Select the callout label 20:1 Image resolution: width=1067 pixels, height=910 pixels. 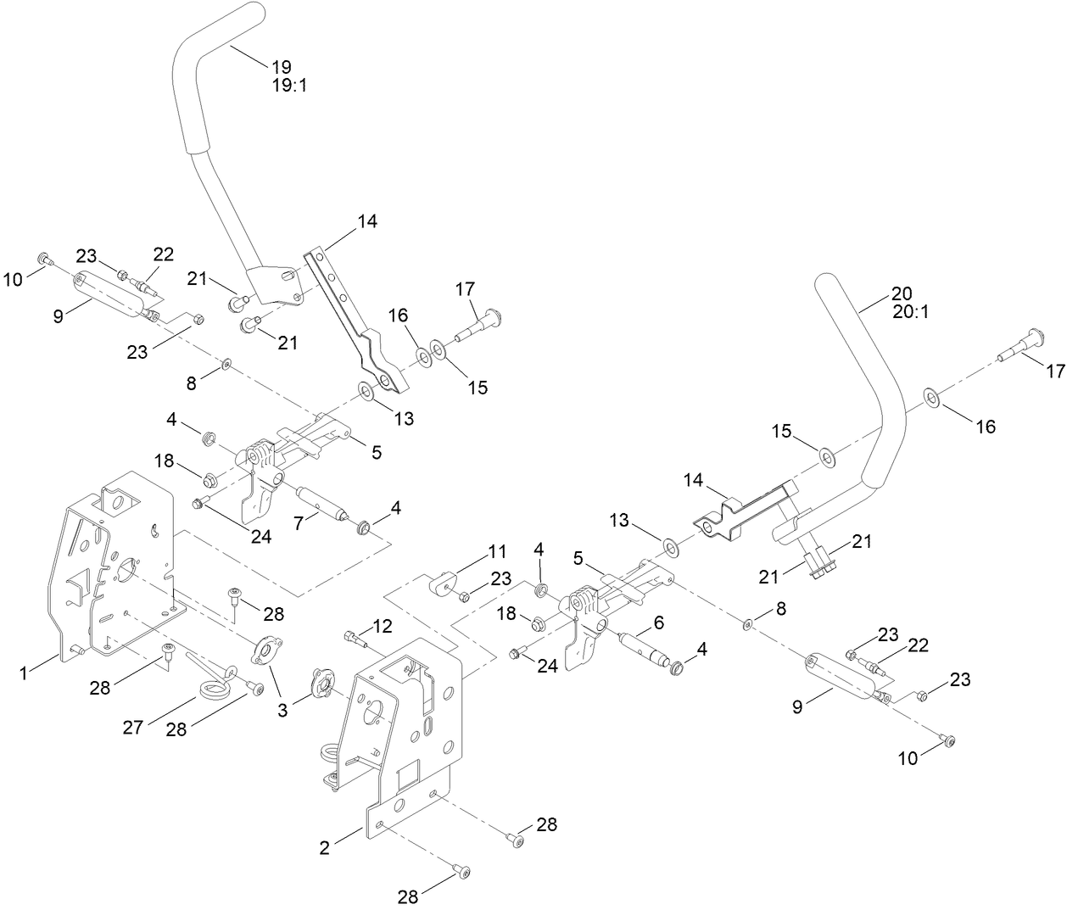point(911,311)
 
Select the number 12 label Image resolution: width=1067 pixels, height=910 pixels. point(383,626)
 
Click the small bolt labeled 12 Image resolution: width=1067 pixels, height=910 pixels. point(352,636)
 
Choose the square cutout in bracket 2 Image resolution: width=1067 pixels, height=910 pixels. point(405,773)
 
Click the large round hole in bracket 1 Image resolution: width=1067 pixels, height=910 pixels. point(127,567)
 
